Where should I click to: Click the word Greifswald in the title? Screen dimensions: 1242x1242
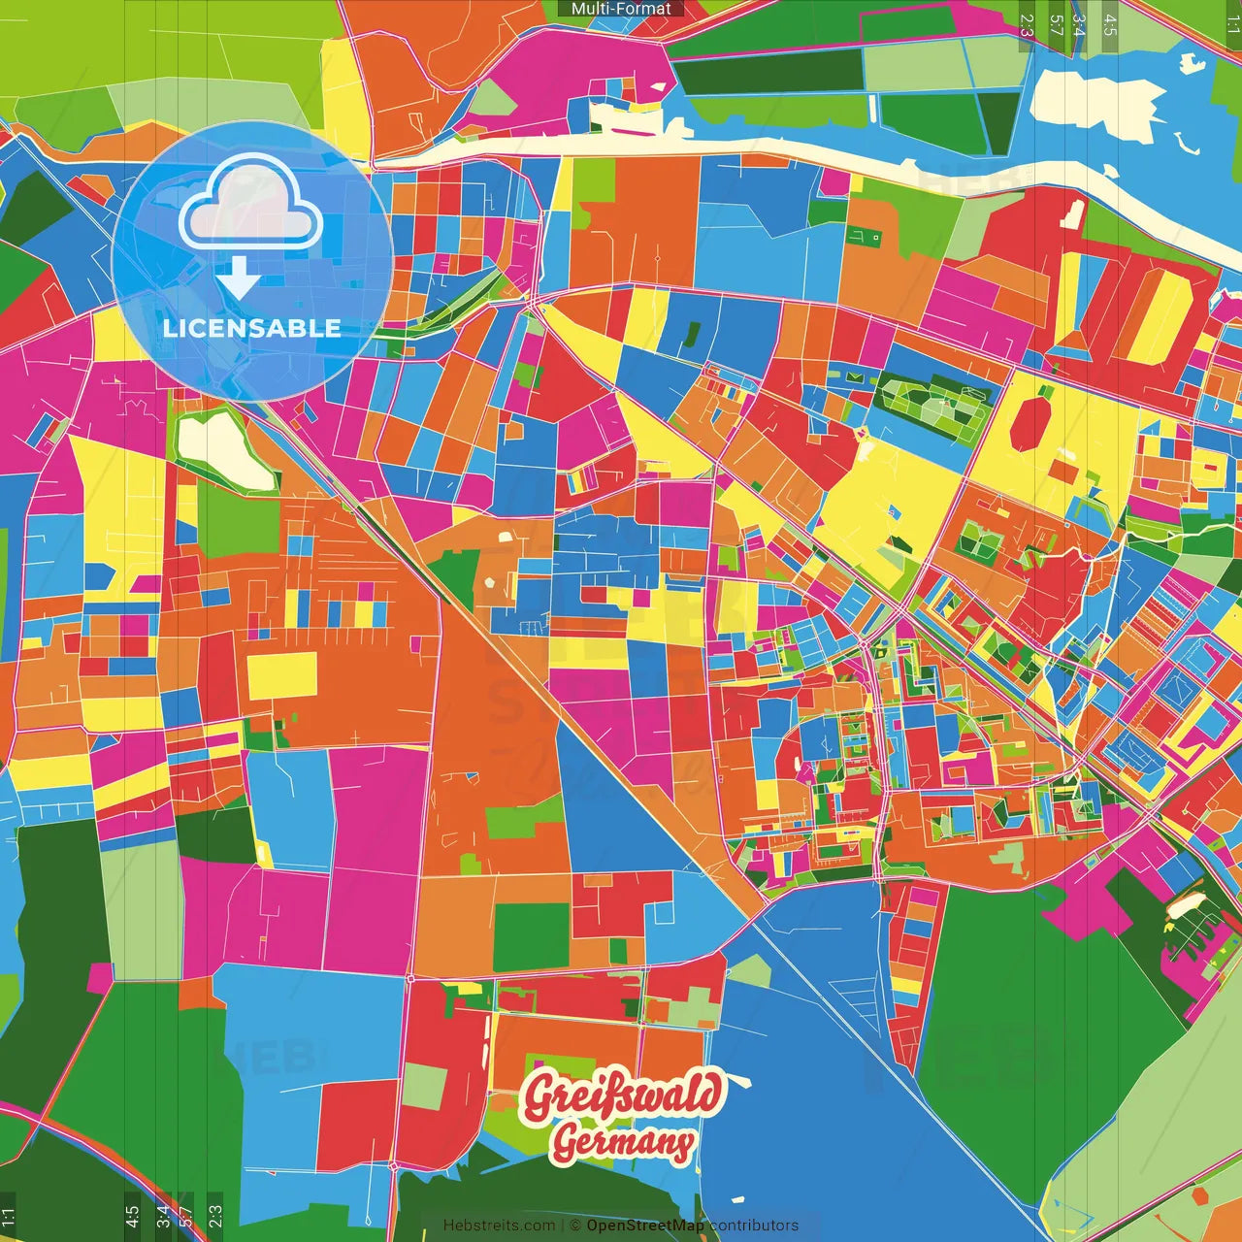pyautogui.click(x=623, y=1095)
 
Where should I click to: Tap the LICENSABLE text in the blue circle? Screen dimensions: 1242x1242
pyautogui.click(x=252, y=328)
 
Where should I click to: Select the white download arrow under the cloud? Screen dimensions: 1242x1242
pyautogui.click(x=239, y=278)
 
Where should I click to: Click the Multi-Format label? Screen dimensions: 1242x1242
pyautogui.click(x=621, y=9)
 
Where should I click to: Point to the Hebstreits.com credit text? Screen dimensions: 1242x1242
pyautogui.click(x=499, y=1226)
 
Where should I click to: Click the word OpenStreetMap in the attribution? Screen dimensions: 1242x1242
pyautogui.click(x=644, y=1226)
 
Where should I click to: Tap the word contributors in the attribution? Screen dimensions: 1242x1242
pyautogui.click(x=753, y=1226)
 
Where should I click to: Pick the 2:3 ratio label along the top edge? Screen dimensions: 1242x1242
pyautogui.click(x=1027, y=25)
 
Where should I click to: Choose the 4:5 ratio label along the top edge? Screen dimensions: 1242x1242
pyautogui.click(x=1110, y=25)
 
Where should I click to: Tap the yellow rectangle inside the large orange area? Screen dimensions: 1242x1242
pyautogui.click(x=281, y=675)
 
